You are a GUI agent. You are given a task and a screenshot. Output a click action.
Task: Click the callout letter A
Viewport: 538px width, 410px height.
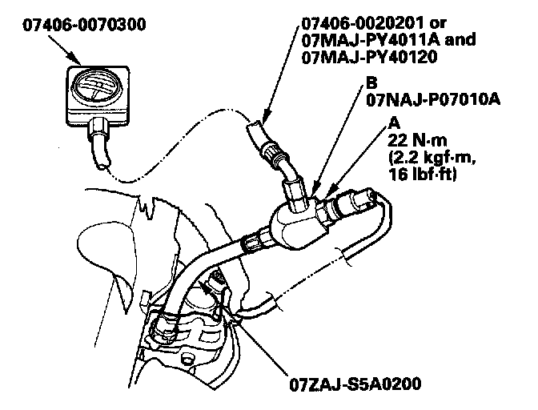point(393,122)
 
